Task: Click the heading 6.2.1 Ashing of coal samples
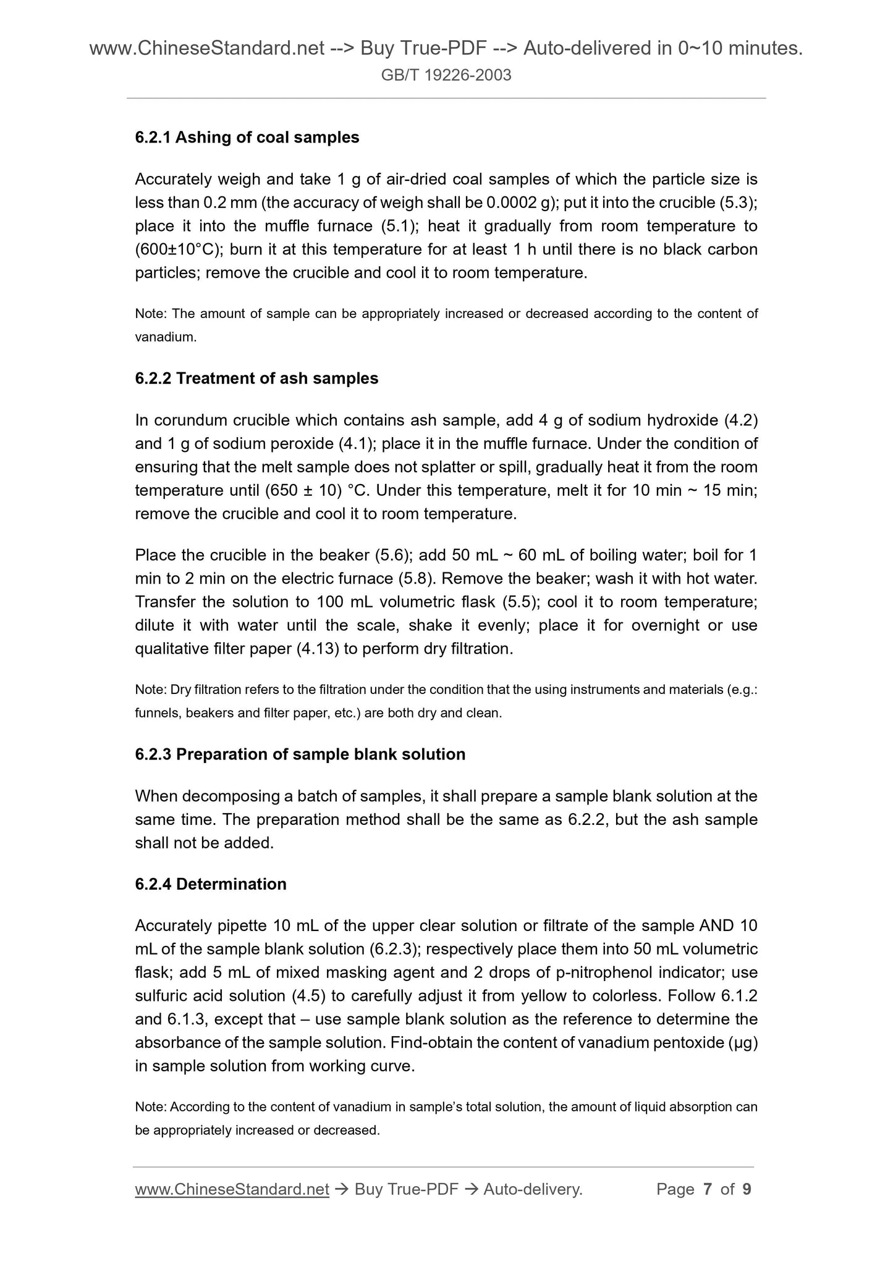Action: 247,137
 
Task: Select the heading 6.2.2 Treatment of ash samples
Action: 256,378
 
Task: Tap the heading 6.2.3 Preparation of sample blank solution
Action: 300,754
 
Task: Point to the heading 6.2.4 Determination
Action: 211,884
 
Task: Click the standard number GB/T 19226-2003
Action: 446,75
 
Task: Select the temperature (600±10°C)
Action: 178,249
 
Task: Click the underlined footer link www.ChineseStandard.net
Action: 232,1189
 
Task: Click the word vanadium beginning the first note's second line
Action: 164,337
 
